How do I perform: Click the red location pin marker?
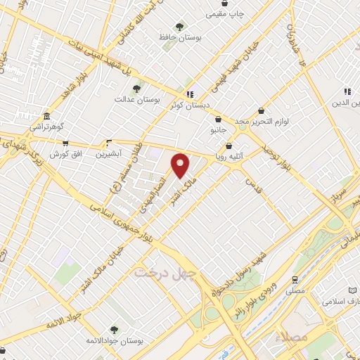(181, 166)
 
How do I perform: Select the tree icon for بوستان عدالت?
(136, 89)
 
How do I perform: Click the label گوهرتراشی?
(46, 127)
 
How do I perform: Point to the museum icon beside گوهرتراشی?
(46, 116)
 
